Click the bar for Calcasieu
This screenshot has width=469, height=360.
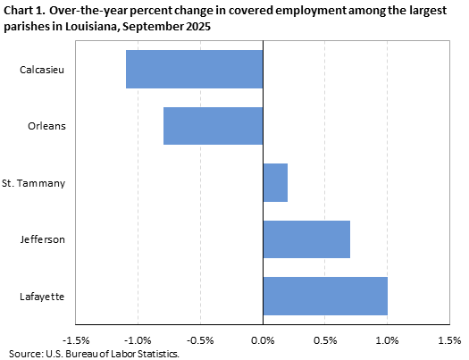tap(194, 69)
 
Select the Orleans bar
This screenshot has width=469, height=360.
tap(213, 126)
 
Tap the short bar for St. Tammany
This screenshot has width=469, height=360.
tap(275, 182)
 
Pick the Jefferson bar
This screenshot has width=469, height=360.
tap(306, 239)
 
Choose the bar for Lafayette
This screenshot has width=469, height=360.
tap(325, 296)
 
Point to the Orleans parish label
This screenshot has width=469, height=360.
tap(48, 126)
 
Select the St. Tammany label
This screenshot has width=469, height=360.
tap(39, 182)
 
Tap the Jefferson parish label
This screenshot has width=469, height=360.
tap(46, 239)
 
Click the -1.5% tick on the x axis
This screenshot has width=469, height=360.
tap(76, 339)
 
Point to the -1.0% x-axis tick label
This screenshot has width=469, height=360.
tap(138, 339)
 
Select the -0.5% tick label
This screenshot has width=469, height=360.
tap(200, 339)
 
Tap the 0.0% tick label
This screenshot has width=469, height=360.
tap(263, 339)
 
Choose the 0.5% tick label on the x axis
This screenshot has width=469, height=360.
tap(325, 339)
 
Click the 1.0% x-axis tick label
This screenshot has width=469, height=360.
tap(387, 339)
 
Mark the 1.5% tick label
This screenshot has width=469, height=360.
tap(449, 339)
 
